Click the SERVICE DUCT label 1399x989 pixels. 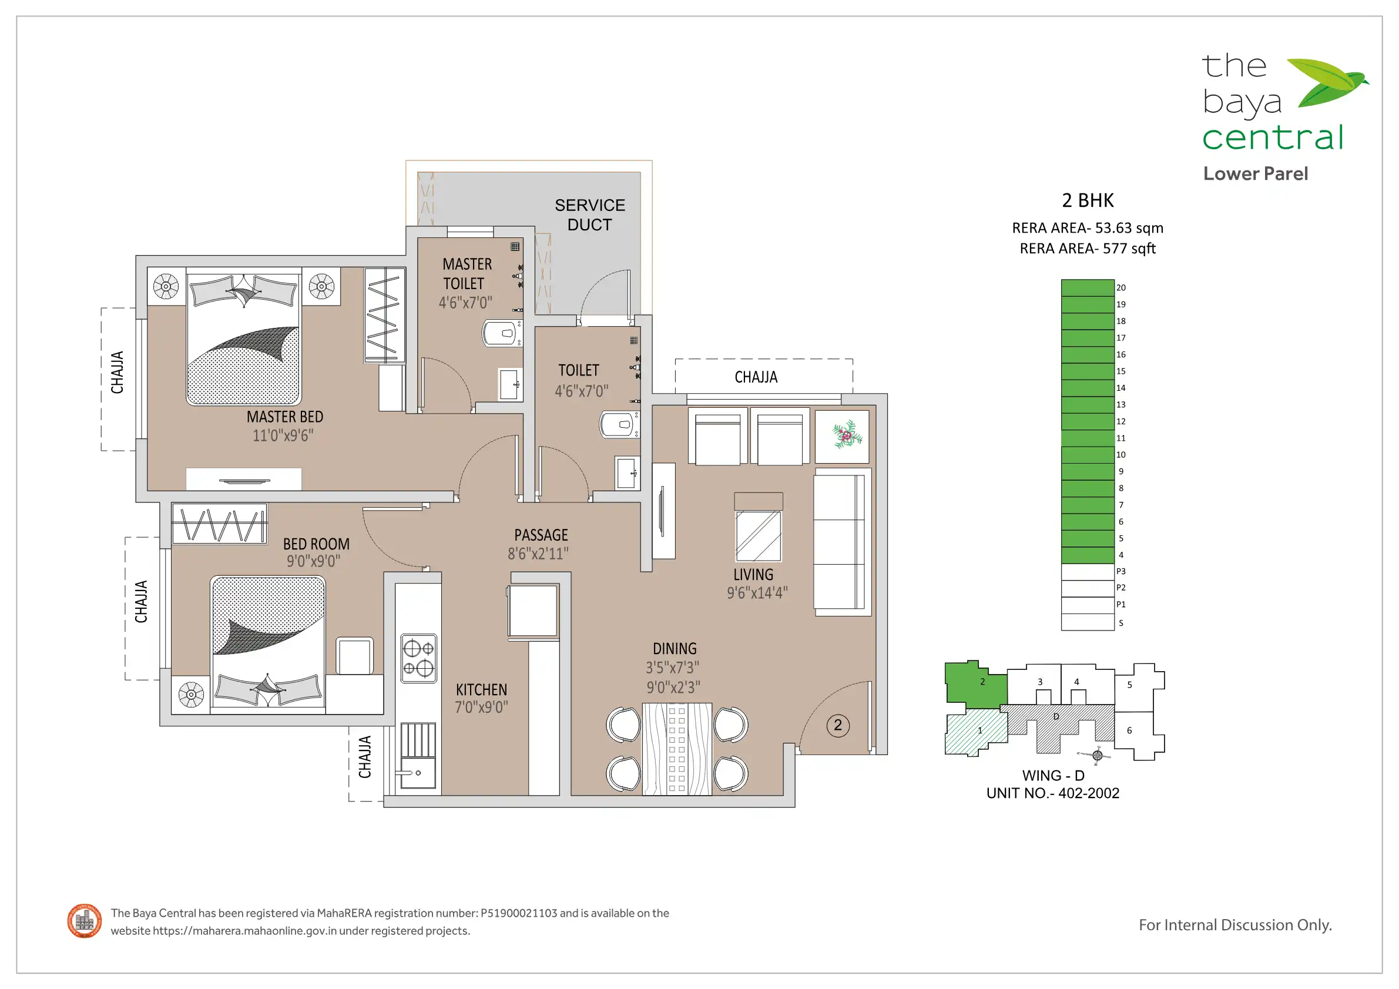pyautogui.click(x=589, y=214)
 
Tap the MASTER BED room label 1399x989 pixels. pyautogui.click(x=284, y=417)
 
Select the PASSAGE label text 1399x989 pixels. pyautogui.click(x=541, y=535)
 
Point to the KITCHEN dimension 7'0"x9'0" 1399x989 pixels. pyautogui.click(x=481, y=707)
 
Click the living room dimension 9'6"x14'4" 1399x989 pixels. pyautogui.click(x=757, y=592)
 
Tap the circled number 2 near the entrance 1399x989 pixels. pyautogui.click(x=838, y=725)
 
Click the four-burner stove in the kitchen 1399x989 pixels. pyautogui.click(x=418, y=658)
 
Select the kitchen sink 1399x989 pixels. pyautogui.click(x=418, y=773)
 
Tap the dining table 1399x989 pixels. pyautogui.click(x=677, y=749)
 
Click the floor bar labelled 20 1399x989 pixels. pyautogui.click(x=1088, y=287)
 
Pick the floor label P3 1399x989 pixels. pyautogui.click(x=1120, y=572)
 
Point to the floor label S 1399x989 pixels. pyautogui.click(x=1120, y=623)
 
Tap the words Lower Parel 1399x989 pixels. pyautogui.click(x=1255, y=174)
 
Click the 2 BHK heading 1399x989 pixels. pyautogui.click(x=1088, y=200)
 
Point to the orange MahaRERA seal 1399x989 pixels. pyautogui.click(x=85, y=921)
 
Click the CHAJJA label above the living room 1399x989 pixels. pyautogui.click(x=756, y=377)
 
